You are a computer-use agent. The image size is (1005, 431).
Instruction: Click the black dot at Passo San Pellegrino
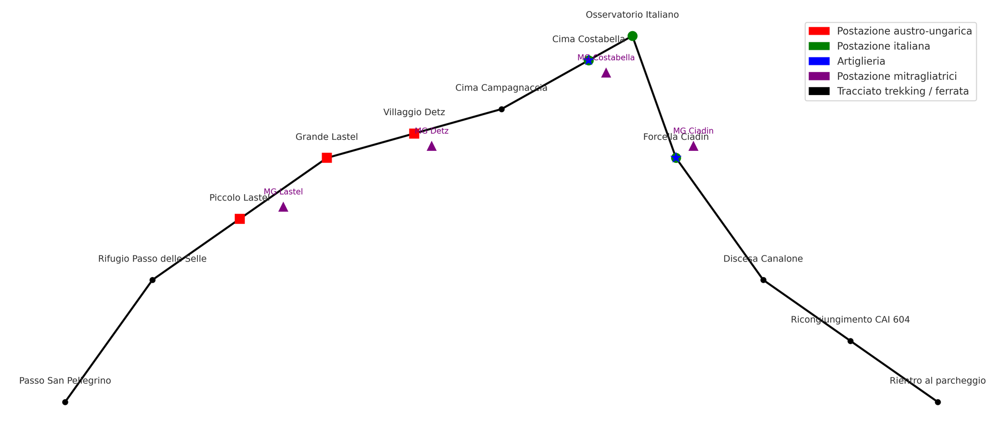tap(65, 402)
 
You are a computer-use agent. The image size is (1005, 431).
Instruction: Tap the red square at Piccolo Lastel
tap(240, 219)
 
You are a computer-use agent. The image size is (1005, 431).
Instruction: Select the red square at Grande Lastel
tap(327, 158)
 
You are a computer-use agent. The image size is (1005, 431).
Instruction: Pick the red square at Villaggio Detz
tap(414, 134)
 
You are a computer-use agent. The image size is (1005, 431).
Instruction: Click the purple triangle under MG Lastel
tap(283, 207)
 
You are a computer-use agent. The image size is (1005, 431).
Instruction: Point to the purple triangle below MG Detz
tap(432, 146)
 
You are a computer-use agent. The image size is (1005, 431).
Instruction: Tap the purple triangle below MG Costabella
tap(606, 73)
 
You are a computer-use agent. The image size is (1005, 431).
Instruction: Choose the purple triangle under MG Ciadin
tap(693, 146)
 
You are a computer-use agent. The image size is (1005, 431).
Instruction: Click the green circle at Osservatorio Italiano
tap(633, 36)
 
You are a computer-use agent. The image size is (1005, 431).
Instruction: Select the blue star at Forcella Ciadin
tap(676, 158)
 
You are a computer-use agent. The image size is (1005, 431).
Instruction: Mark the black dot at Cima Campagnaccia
tap(501, 109)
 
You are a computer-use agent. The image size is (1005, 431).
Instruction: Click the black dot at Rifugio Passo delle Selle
tap(152, 280)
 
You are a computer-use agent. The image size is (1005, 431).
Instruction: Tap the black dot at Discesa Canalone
tap(763, 280)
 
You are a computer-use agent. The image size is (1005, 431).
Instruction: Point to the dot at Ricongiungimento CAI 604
tap(850, 341)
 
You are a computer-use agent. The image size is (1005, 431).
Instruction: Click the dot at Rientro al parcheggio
tap(938, 402)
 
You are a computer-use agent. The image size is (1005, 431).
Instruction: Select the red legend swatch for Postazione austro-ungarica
tap(819, 31)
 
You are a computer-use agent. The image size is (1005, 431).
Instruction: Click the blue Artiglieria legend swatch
tap(819, 61)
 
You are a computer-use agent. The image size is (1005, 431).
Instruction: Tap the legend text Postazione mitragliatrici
tap(897, 76)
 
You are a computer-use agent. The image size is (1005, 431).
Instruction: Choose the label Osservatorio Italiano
tap(632, 15)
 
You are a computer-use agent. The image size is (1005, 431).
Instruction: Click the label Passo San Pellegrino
tap(65, 381)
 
